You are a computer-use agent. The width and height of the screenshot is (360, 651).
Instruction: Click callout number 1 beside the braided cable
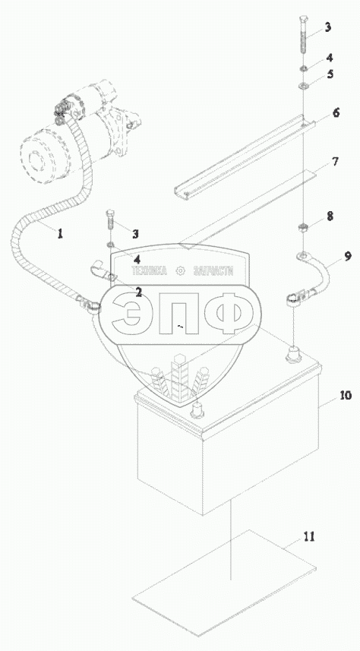click(60, 234)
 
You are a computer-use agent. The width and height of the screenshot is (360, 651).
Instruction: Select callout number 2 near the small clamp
click(138, 292)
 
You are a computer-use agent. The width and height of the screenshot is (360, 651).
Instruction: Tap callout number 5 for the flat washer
click(330, 74)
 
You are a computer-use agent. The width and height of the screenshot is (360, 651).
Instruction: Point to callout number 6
click(336, 112)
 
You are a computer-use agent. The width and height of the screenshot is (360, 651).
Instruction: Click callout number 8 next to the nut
click(330, 216)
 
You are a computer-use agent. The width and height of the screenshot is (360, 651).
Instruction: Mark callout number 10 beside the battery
click(346, 395)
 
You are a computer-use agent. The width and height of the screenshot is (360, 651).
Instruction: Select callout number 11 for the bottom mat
click(308, 537)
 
